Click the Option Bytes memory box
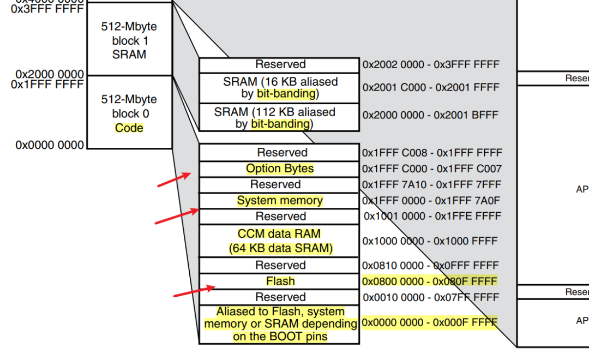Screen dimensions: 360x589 (x=279, y=169)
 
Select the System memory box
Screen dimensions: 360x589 (x=279, y=200)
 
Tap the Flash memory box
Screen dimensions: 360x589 (x=279, y=281)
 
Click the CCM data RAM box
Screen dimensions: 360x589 (x=279, y=241)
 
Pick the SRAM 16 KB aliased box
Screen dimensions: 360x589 (x=279, y=87)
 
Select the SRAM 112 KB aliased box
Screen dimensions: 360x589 (x=279, y=117)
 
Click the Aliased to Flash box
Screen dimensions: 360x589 (x=279, y=324)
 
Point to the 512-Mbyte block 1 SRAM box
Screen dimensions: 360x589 (x=129, y=40)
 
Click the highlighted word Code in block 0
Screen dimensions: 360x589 (x=129, y=128)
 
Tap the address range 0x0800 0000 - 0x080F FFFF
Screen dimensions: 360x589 (x=430, y=281)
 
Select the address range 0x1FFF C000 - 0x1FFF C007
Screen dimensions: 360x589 (x=431, y=169)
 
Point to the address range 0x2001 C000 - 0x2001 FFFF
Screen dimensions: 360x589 (x=430, y=87)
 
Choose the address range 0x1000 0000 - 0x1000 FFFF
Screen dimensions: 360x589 (x=430, y=241)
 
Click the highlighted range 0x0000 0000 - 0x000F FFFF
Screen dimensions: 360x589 (x=430, y=322)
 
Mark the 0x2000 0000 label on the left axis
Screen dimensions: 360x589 (x=50, y=74)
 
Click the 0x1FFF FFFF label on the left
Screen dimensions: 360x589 (x=50, y=85)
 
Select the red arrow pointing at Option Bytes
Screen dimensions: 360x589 (x=174, y=180)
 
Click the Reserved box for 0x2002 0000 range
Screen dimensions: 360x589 (x=279, y=64)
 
